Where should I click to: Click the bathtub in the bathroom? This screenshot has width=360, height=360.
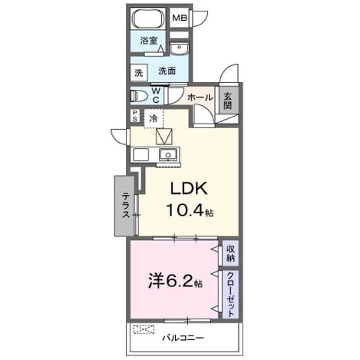(148, 19)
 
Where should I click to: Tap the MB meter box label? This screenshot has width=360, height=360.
(180, 18)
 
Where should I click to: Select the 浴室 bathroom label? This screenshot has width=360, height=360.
(148, 41)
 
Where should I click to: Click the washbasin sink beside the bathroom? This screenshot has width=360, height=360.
(180, 48)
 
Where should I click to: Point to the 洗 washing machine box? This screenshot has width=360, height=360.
(139, 73)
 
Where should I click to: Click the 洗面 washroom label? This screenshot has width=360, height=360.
(167, 71)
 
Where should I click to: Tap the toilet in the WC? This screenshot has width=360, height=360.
(139, 97)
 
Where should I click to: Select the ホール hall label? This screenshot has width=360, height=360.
(200, 97)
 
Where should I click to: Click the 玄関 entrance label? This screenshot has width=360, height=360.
(227, 101)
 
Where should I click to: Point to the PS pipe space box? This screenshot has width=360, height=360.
(135, 116)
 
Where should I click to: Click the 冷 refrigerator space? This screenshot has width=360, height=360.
(154, 118)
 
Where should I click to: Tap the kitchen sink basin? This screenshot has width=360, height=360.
(168, 154)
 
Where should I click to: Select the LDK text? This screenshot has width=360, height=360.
(189, 189)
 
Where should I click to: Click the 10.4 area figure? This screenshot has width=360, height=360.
(186, 210)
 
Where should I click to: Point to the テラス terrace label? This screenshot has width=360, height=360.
(126, 206)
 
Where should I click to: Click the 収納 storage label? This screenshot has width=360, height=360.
(230, 253)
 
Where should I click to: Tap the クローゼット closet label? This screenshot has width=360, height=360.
(230, 295)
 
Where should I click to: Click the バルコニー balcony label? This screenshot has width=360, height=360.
(183, 339)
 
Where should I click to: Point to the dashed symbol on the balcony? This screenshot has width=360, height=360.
(144, 329)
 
